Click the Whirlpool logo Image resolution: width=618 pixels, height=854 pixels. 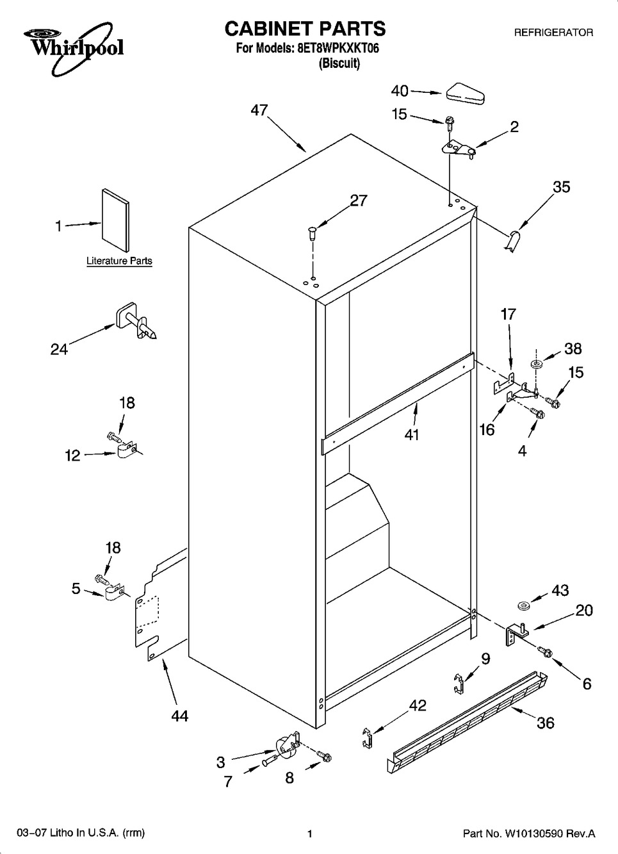[x=74, y=47]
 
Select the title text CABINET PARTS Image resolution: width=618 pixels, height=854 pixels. [x=305, y=29]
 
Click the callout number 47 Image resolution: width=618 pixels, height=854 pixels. [x=259, y=110]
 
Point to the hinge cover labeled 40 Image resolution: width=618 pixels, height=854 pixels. [x=465, y=94]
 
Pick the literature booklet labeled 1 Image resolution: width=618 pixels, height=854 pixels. [x=115, y=220]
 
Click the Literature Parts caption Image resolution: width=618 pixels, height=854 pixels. [x=119, y=261]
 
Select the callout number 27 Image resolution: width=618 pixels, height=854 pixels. [x=359, y=201]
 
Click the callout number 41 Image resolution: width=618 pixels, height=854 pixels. [x=412, y=434]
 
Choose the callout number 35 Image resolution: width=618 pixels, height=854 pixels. [x=562, y=187]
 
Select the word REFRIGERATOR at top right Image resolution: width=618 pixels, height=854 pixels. [x=553, y=33]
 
